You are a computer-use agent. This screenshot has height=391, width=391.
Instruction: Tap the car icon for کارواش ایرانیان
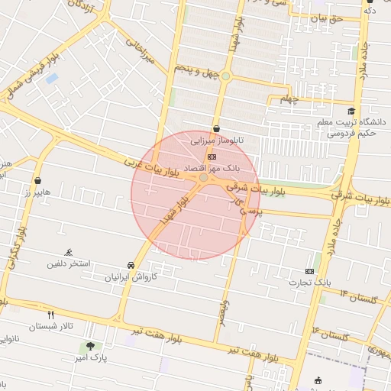132,265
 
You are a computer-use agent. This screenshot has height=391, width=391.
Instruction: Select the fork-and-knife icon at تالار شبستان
51,314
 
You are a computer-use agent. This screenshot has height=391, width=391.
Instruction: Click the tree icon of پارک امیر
91,346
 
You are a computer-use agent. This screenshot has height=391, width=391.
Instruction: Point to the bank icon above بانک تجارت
309,271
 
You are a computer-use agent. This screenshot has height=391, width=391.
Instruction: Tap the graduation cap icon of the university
351,111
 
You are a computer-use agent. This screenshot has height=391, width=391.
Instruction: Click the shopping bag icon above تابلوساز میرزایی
217,129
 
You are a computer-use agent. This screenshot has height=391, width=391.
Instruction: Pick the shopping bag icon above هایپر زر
37,181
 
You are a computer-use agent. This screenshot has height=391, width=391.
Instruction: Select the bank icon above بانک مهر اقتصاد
211,156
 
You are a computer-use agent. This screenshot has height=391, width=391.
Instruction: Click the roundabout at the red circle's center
204,178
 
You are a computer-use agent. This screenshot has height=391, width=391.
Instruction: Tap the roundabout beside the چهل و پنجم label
225,76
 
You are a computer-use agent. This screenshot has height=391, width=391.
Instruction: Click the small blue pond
51,78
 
